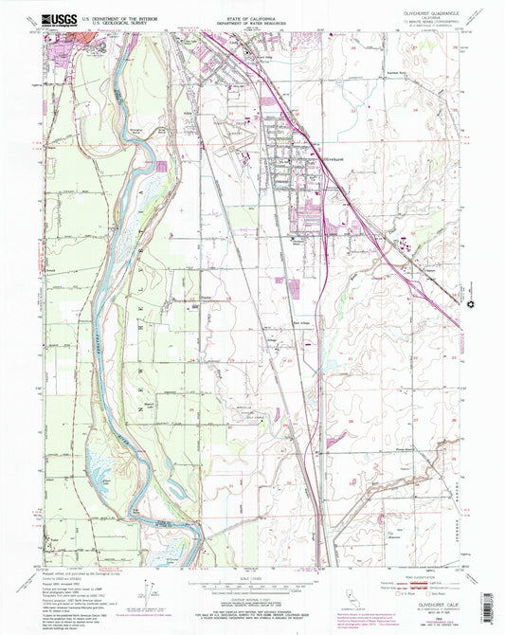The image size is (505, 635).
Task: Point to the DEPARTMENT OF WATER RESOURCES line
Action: click(252, 20)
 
